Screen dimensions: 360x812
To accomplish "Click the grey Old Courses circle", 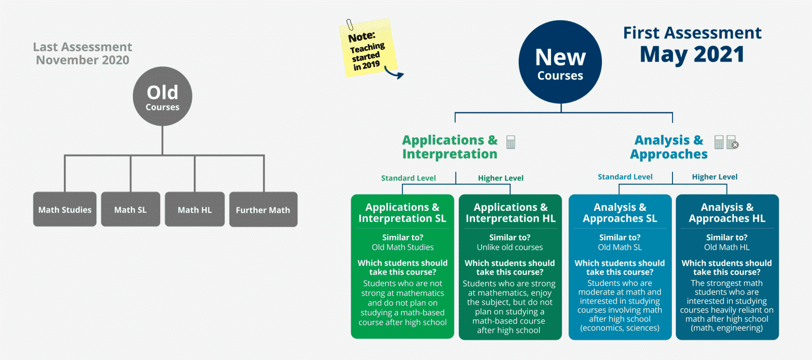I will (162, 96).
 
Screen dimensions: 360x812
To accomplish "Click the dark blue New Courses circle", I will (560, 62).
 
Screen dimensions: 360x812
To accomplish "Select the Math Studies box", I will (65, 209).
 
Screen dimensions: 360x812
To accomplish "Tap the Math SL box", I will (130, 209).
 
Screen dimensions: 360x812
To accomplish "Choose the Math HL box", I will (195, 209).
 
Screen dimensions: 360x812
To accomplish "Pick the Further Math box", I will (263, 209).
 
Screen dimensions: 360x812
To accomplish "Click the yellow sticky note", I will (367, 49).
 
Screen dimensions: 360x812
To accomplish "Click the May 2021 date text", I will (692, 54).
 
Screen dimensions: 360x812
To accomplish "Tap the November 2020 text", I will (83, 60).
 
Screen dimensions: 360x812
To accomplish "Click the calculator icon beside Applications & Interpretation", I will (511, 142).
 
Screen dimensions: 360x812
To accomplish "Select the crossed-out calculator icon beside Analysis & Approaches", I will (732, 143).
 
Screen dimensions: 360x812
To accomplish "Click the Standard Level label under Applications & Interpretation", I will (409, 178).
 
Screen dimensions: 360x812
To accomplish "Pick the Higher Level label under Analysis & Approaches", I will (715, 177).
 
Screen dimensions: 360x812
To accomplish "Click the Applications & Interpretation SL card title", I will (402, 213).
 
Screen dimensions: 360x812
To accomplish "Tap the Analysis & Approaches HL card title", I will (727, 213).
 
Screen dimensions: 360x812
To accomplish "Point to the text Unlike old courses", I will (510, 247).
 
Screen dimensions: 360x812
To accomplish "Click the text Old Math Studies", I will (402, 247).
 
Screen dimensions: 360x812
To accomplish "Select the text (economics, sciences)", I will (620, 328).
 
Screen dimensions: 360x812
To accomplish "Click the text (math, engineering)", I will (727, 328).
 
